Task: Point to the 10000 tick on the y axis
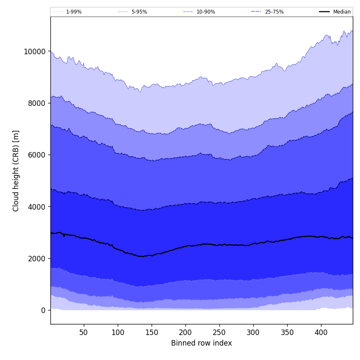pyautogui.click(x=34, y=52)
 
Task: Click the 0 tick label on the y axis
pyautogui.click(x=43, y=310)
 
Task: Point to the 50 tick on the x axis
pyautogui.click(x=84, y=332)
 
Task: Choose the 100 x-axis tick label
pyautogui.click(x=118, y=332)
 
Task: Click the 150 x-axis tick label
pyautogui.click(x=152, y=332)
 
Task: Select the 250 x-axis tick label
pyautogui.click(x=219, y=332)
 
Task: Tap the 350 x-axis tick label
pyautogui.click(x=287, y=332)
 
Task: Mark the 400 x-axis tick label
pyautogui.click(x=321, y=332)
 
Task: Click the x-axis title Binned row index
pyautogui.click(x=202, y=343)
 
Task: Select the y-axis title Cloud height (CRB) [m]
pyautogui.click(x=16, y=171)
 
